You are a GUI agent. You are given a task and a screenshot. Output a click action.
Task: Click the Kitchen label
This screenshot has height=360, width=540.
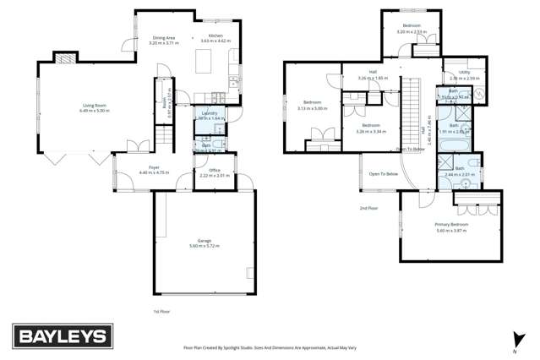point(215,35)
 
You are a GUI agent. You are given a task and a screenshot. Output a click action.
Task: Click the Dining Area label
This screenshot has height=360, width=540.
point(163,37)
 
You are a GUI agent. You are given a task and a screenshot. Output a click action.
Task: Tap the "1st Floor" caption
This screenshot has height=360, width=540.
point(161,312)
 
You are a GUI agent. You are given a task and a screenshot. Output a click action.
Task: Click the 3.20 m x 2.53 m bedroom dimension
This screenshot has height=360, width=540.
point(410,32)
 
